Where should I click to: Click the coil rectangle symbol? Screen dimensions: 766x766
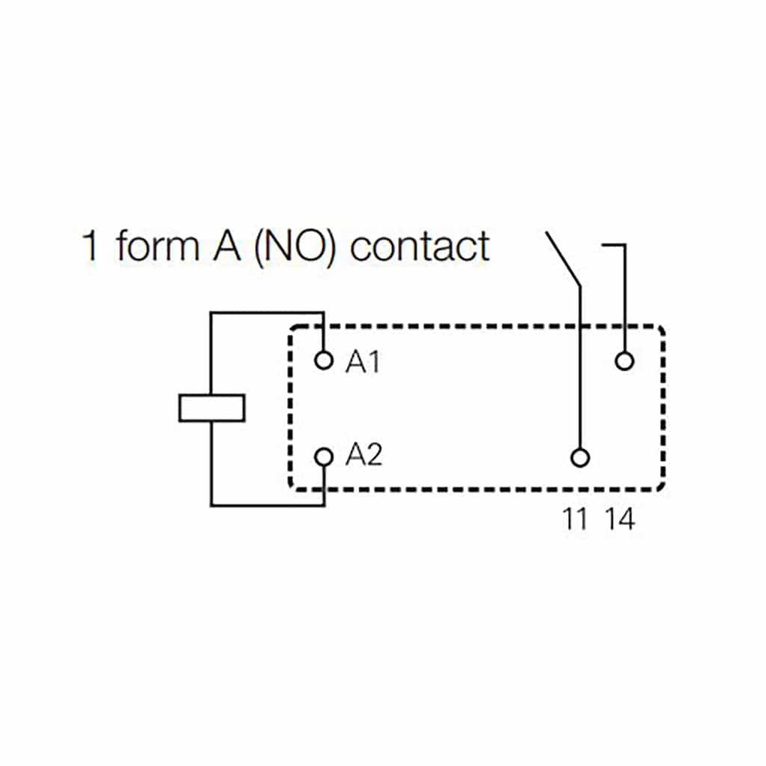pyautogui.click(x=212, y=408)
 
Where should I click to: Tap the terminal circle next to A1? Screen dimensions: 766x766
pyautogui.click(x=324, y=361)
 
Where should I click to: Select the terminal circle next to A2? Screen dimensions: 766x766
pyautogui.click(x=324, y=456)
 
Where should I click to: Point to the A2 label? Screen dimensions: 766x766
pyautogui.click(x=364, y=456)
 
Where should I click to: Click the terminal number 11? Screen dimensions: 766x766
pyautogui.click(x=575, y=519)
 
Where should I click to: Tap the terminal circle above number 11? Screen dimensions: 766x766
pyautogui.click(x=580, y=457)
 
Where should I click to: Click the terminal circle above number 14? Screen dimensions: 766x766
pyautogui.click(x=624, y=362)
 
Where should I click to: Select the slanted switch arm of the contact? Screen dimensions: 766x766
pyautogui.click(x=563, y=259)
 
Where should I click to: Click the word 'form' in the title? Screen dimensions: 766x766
pyautogui.click(x=155, y=247)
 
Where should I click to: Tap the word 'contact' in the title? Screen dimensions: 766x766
pyautogui.click(x=420, y=247)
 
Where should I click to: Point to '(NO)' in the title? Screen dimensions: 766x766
pyautogui.click(x=295, y=247)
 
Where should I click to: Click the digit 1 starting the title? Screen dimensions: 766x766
pyautogui.click(x=91, y=247)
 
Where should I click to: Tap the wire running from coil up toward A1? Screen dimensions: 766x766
pyautogui.click(x=212, y=352)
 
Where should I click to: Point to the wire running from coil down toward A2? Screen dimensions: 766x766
pyautogui.click(x=212, y=464)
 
